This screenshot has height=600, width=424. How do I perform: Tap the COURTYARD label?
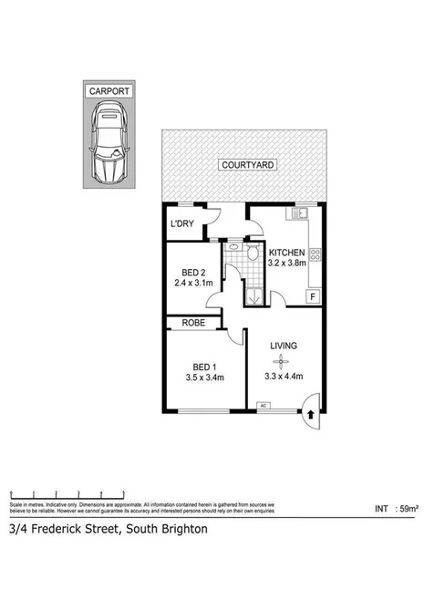(x=244, y=165)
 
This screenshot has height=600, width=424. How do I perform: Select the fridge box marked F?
(x=313, y=296)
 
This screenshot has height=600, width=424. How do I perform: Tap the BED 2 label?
(x=193, y=272)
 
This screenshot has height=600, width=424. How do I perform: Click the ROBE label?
(x=193, y=322)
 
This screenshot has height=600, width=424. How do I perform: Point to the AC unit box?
(x=264, y=404)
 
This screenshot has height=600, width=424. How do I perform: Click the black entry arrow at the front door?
(x=312, y=413)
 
